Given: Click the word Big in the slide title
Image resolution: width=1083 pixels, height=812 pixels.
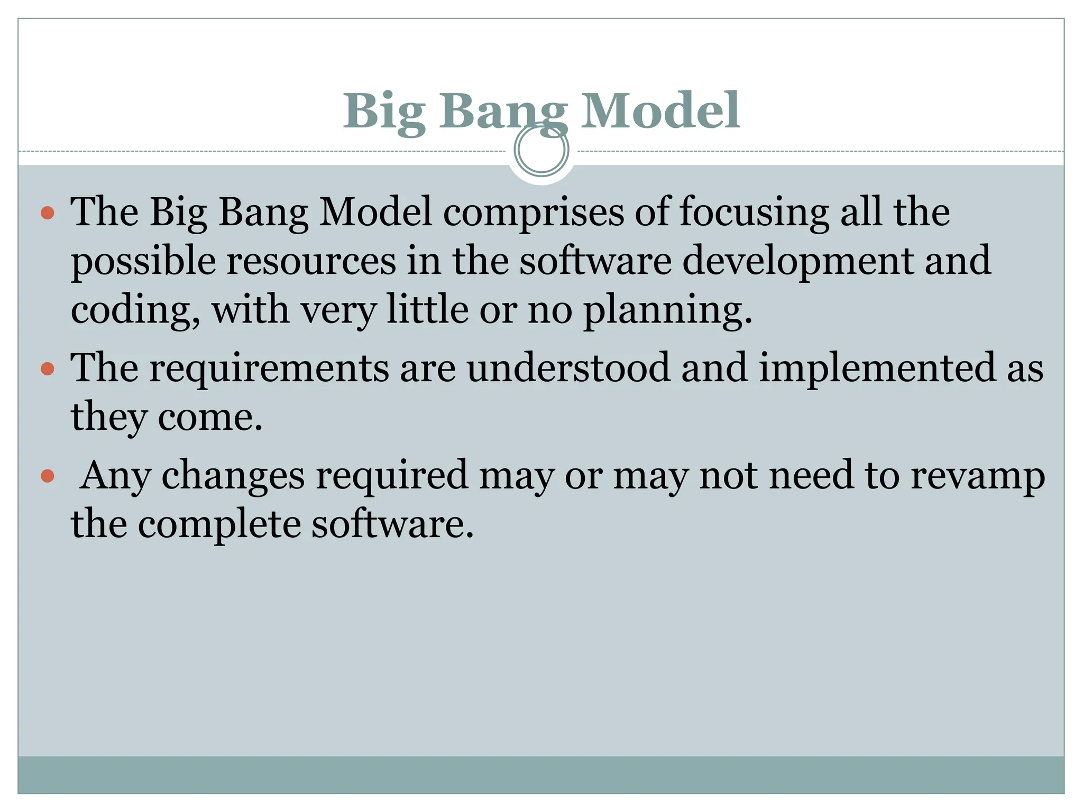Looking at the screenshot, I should click(384, 112).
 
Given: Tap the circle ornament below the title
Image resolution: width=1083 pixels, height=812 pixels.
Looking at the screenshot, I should click(541, 150).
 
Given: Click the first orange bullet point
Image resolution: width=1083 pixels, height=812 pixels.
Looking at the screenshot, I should click(48, 213).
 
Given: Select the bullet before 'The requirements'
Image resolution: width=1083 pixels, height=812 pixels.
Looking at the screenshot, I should click(48, 368).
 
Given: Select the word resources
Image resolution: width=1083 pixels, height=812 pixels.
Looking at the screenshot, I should click(311, 261).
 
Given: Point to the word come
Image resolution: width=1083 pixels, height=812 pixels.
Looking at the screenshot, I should click(210, 418).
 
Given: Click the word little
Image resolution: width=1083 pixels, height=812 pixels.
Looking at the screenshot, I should click(427, 310).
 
